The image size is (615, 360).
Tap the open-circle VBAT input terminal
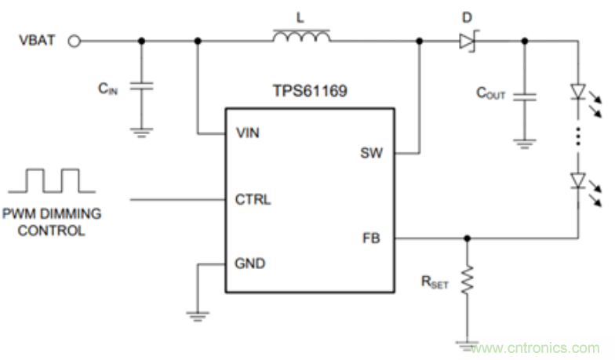point(75,41)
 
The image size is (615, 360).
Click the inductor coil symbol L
point(301,36)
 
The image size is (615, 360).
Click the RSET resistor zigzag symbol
point(468,280)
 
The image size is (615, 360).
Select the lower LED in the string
point(578,181)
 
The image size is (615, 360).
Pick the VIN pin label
point(249,133)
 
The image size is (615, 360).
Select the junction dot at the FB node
point(468,237)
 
